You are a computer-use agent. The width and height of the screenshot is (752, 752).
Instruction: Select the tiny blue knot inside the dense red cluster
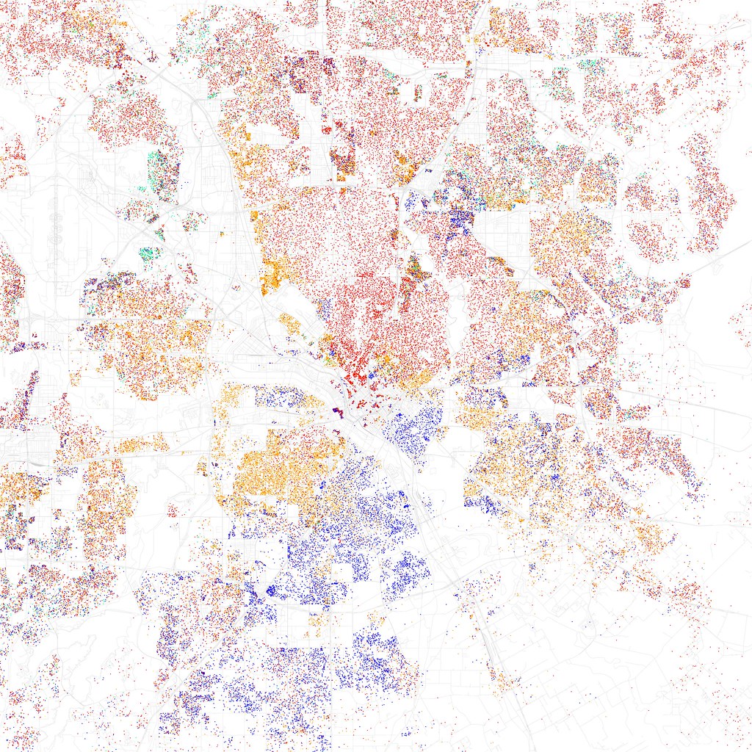372,375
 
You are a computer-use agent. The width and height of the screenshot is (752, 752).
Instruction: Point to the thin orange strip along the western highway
140,444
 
